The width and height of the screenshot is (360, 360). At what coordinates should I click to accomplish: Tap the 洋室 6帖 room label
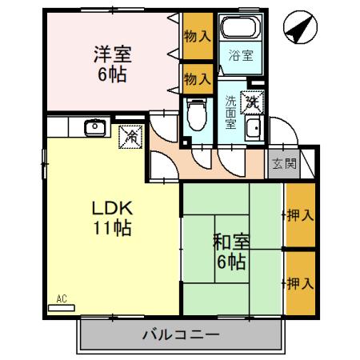coord(112,65)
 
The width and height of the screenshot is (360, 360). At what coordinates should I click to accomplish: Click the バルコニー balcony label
coord(181,334)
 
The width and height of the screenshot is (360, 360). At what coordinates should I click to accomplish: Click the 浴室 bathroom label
coord(241,56)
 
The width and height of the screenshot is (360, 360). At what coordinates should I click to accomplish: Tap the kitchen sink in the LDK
coord(95,127)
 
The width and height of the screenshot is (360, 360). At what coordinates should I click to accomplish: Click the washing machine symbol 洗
coord(251,102)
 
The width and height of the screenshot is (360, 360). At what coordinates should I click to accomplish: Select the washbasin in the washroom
coord(254,131)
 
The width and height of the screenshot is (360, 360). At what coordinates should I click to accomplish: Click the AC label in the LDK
coord(61,299)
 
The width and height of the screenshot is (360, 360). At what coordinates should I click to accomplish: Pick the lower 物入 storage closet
coord(197,78)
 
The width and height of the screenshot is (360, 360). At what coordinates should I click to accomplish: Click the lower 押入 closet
coord(299,282)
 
